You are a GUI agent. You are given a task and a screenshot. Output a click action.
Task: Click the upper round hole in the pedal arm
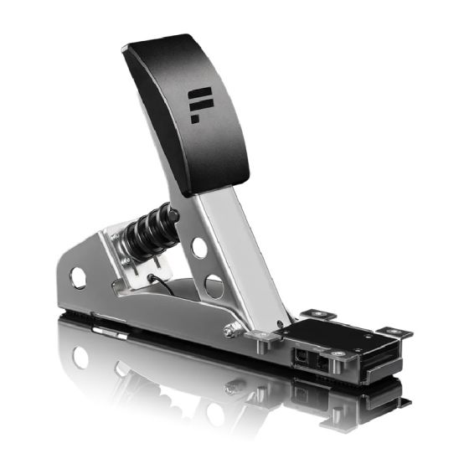click(199, 247)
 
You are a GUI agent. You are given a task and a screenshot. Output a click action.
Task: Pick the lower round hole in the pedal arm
click(214, 286)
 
